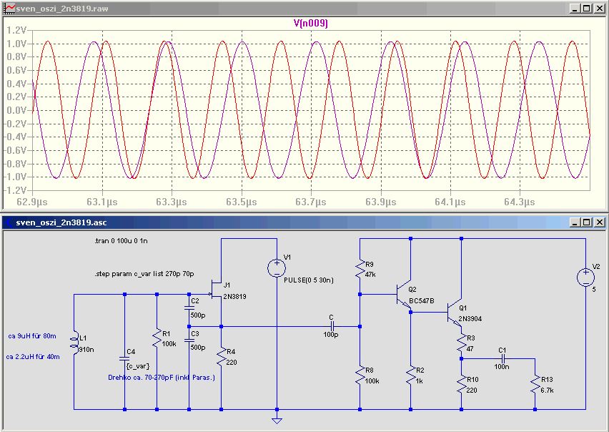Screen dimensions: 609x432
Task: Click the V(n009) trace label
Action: coord(310,24)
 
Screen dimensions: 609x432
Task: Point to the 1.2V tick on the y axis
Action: coord(16,30)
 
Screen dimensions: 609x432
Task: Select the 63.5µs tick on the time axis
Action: coord(241,202)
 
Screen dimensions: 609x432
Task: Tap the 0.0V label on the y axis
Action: coord(16,110)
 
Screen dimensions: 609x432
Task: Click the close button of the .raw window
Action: coord(600,9)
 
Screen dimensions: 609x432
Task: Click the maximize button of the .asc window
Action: coord(586,222)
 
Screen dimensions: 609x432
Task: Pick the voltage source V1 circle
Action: coord(277,268)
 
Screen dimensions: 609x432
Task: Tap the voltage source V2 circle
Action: coord(585,278)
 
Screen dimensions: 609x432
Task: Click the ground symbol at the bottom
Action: coord(277,421)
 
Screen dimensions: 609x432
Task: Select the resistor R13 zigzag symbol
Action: coord(535,385)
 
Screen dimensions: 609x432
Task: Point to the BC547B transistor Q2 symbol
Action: coord(404,295)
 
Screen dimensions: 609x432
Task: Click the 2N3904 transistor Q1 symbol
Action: coord(455,313)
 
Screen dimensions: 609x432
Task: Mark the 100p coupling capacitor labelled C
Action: coord(331,326)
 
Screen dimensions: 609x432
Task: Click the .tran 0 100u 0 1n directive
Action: coord(121,241)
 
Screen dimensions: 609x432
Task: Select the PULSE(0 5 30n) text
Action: coord(309,280)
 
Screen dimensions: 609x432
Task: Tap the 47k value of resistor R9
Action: coord(370,274)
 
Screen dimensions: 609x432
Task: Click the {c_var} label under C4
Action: coord(138,366)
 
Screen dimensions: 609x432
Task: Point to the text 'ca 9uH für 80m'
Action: coord(32,336)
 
